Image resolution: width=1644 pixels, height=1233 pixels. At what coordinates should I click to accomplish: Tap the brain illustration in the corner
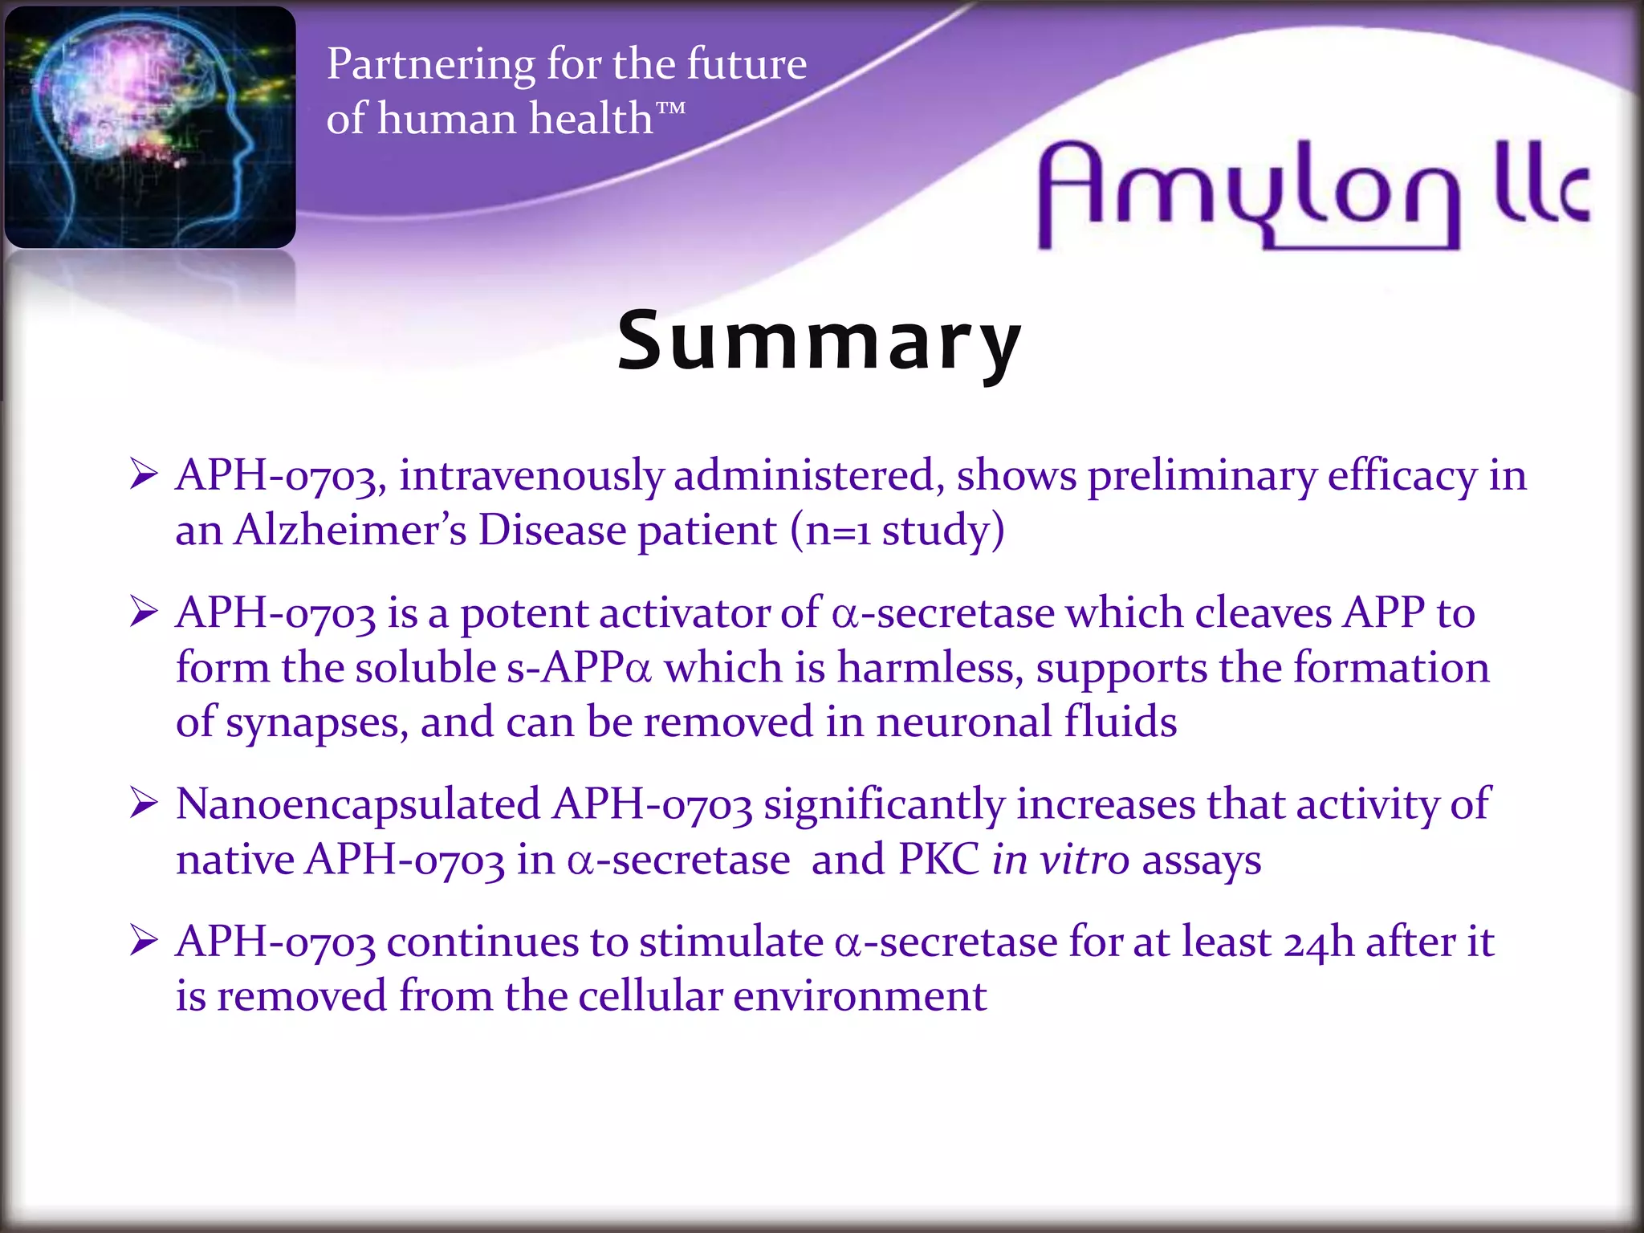click(x=150, y=127)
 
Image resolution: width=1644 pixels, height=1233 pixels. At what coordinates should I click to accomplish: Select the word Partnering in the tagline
click(x=430, y=64)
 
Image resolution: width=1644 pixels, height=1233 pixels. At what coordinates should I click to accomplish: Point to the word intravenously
click(x=531, y=475)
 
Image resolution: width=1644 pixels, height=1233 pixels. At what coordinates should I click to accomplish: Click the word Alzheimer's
click(x=350, y=531)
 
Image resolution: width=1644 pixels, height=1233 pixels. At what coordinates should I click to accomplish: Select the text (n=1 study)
click(x=897, y=531)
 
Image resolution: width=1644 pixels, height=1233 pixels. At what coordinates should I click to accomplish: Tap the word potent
click(x=524, y=614)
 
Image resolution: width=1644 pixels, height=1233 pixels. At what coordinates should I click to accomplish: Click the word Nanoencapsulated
click(x=358, y=804)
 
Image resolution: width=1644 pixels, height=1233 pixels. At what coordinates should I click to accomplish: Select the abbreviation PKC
click(x=938, y=860)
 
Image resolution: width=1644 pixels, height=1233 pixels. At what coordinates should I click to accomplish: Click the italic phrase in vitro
click(x=1060, y=860)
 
